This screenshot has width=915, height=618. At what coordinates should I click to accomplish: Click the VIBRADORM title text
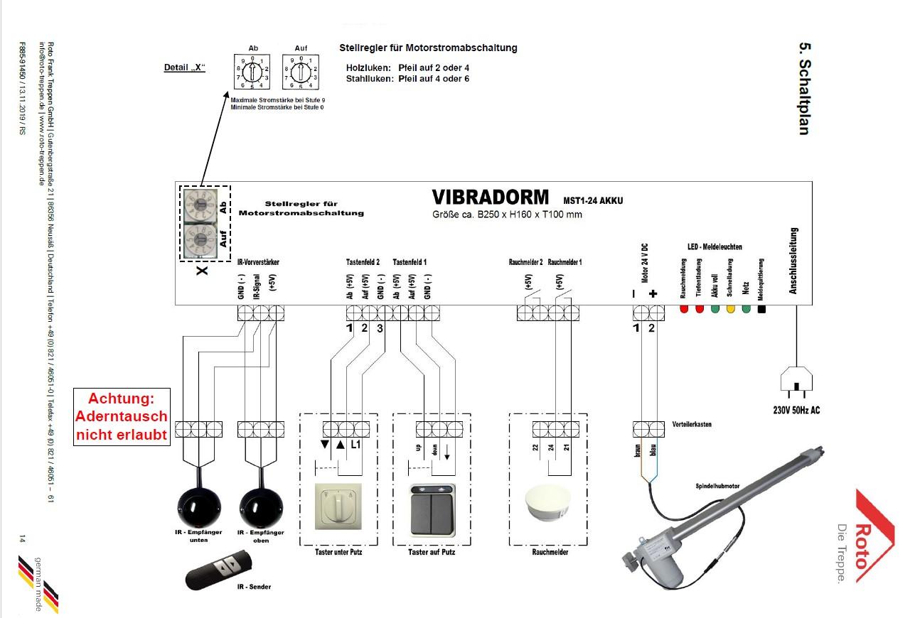pyautogui.click(x=490, y=197)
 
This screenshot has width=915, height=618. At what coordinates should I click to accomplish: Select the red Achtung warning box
pyautogui.click(x=122, y=416)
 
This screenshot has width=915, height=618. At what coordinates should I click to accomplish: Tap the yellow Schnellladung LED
pyautogui.click(x=730, y=310)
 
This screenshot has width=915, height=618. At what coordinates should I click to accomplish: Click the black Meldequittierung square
pyautogui.click(x=761, y=310)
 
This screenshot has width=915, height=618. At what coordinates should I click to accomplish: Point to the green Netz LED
pyautogui.click(x=746, y=310)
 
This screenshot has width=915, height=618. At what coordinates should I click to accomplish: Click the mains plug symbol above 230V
pyautogui.click(x=796, y=384)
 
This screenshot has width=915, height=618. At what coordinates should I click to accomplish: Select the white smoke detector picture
pyautogui.click(x=548, y=505)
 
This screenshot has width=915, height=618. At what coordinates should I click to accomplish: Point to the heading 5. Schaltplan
pyautogui.click(x=805, y=89)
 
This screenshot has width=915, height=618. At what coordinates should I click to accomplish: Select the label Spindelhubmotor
pyautogui.click(x=717, y=486)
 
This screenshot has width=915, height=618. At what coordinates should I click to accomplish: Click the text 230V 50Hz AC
pyautogui.click(x=796, y=410)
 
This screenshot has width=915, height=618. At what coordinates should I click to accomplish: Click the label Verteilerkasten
pyautogui.click(x=691, y=425)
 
